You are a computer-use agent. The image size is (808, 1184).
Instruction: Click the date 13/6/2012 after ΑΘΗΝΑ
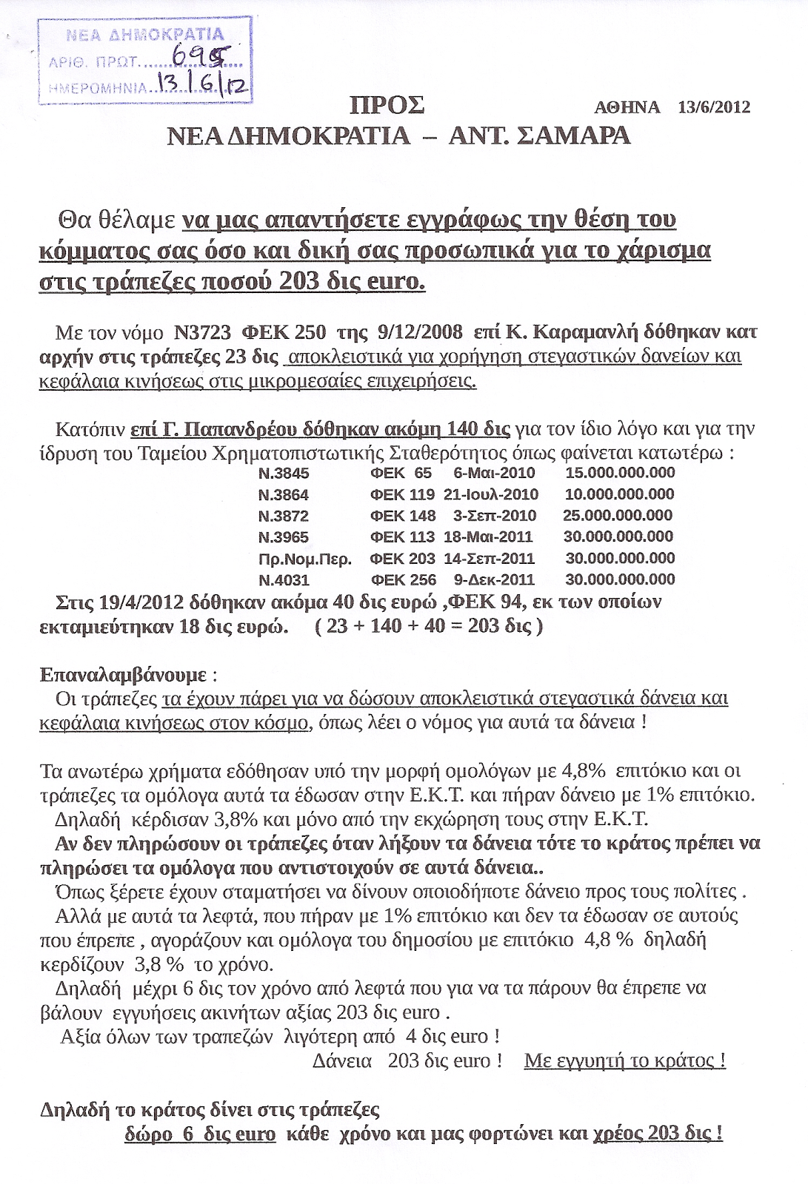click(714, 107)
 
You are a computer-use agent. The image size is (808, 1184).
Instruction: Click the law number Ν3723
click(202, 332)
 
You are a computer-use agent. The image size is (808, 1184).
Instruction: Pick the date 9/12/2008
click(420, 332)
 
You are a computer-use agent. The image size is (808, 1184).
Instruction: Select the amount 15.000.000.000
click(620, 473)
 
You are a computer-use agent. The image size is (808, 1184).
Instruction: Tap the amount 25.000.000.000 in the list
click(618, 516)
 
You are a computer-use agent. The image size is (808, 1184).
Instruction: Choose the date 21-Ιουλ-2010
click(491, 494)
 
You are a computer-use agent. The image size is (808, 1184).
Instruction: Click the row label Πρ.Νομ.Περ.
click(305, 559)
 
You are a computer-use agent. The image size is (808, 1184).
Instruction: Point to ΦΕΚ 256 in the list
click(403, 580)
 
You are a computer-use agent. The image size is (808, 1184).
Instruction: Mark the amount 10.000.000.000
click(619, 494)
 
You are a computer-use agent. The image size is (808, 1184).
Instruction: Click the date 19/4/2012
click(141, 602)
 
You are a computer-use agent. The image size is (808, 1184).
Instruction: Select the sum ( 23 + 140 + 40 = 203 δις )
click(429, 626)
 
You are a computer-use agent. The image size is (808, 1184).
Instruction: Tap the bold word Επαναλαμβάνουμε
click(124, 675)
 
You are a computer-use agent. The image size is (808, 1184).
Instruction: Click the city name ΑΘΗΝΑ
click(627, 107)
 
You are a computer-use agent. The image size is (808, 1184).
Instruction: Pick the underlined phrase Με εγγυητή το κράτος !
click(624, 1060)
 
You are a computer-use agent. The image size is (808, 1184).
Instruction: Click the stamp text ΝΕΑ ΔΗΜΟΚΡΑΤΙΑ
click(145, 34)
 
